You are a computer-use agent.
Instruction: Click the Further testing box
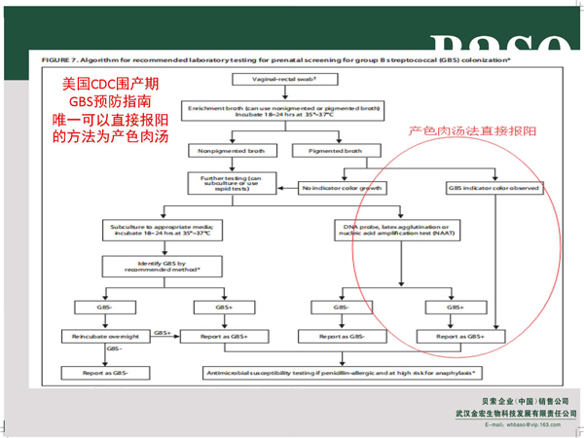coord(225,184)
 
